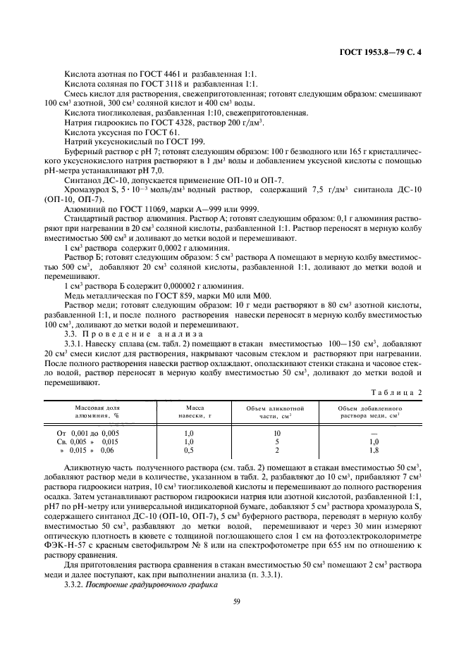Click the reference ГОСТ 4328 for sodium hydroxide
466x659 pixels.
click(x=177, y=123)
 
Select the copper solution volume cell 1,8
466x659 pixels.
click(x=374, y=449)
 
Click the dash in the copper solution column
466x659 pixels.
click(x=374, y=433)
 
